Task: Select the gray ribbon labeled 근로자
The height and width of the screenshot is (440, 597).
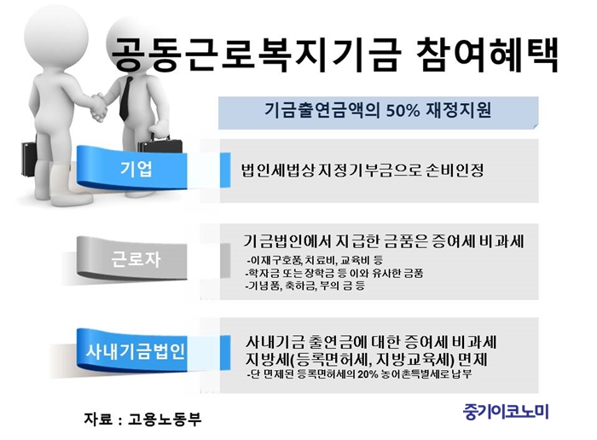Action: point(131,259)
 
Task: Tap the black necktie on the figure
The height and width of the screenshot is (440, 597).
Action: point(125,99)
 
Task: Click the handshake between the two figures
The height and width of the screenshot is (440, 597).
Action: point(98,108)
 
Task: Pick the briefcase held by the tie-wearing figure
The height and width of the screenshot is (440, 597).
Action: point(160,146)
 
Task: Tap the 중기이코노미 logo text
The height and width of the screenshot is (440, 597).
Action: point(506,411)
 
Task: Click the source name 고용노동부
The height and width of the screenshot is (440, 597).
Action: point(165,419)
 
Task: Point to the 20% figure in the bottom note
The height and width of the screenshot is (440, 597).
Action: point(368,373)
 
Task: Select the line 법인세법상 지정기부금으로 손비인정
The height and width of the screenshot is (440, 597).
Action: point(362,171)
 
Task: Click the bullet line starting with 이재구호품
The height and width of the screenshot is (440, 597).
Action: point(314,260)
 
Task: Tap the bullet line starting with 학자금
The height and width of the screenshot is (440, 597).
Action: point(334,273)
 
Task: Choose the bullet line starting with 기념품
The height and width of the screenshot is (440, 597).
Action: point(305,286)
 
